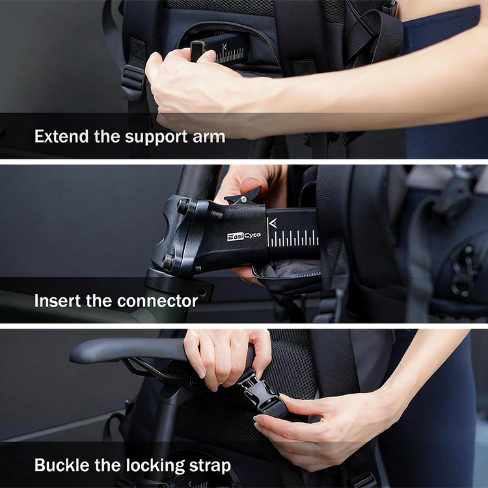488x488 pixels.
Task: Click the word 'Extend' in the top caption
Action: coord(61,136)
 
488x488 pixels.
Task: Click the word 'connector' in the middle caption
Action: coord(157,301)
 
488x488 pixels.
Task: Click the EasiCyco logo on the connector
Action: coord(244,236)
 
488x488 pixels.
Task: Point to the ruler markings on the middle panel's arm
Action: coord(293,238)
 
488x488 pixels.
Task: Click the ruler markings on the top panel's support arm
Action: coord(230,56)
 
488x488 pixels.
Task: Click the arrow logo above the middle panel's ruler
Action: coord(273,223)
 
